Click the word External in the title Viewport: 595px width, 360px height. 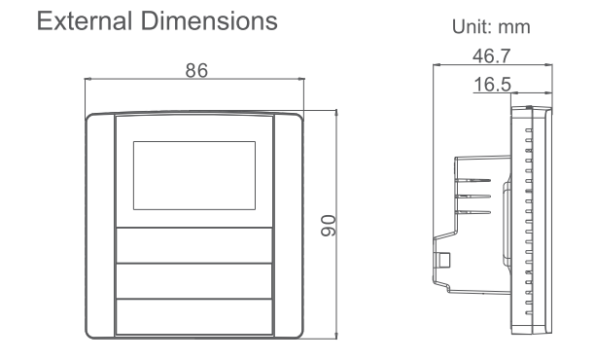click(85, 20)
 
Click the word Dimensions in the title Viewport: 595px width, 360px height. click(209, 20)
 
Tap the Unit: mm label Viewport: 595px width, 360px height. click(491, 27)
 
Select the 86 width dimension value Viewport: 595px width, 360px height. click(196, 70)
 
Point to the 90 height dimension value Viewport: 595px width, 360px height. click(329, 226)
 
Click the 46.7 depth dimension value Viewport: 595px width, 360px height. click(491, 56)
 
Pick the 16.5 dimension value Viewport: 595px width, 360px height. click(493, 85)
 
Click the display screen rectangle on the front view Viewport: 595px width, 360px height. click(194, 175)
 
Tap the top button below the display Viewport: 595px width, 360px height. click(194, 245)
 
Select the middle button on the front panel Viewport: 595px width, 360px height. click(194, 281)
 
